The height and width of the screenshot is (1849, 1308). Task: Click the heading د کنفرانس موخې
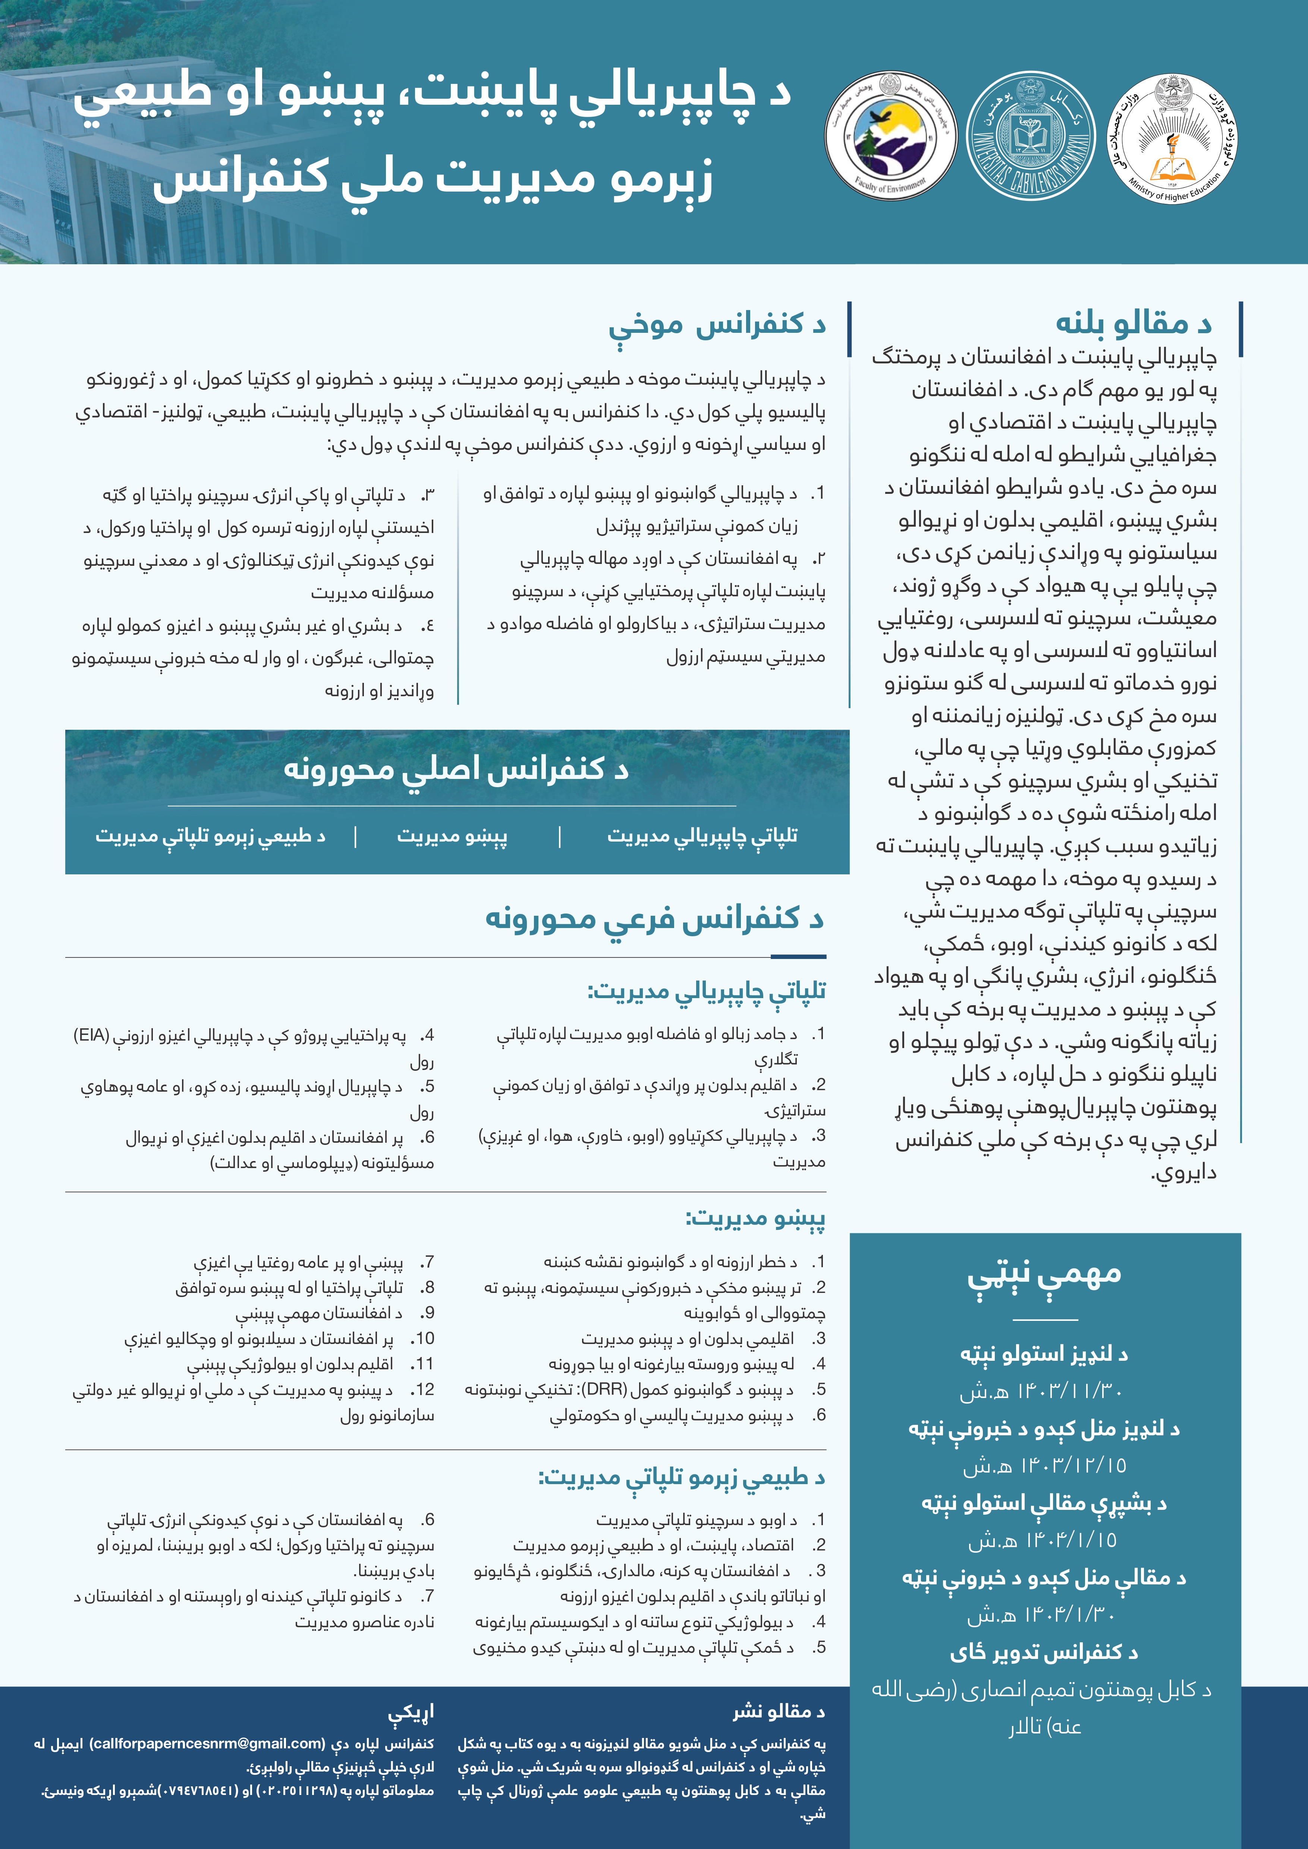click(717, 324)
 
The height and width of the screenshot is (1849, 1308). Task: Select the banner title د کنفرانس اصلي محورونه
click(456, 769)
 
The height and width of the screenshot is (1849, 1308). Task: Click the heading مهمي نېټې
click(1044, 1274)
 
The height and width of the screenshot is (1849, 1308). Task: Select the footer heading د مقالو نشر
click(778, 1712)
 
